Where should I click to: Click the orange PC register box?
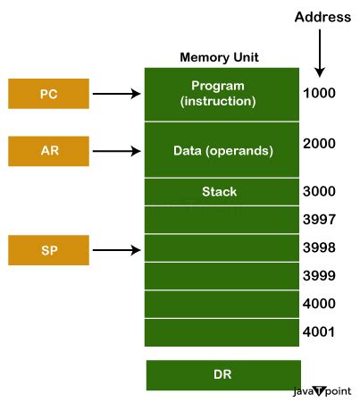point(48,93)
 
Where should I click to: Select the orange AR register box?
point(48,150)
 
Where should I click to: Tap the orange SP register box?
point(48,249)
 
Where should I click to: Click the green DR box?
point(223,375)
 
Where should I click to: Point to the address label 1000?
point(320,93)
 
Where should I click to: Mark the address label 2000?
point(320,144)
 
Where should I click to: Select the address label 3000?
point(320,192)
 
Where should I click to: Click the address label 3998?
point(320,249)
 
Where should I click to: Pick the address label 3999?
point(320,277)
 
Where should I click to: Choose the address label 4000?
point(320,305)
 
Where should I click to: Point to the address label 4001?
point(320,333)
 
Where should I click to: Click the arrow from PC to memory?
point(116,93)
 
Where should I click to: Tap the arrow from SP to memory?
point(116,249)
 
